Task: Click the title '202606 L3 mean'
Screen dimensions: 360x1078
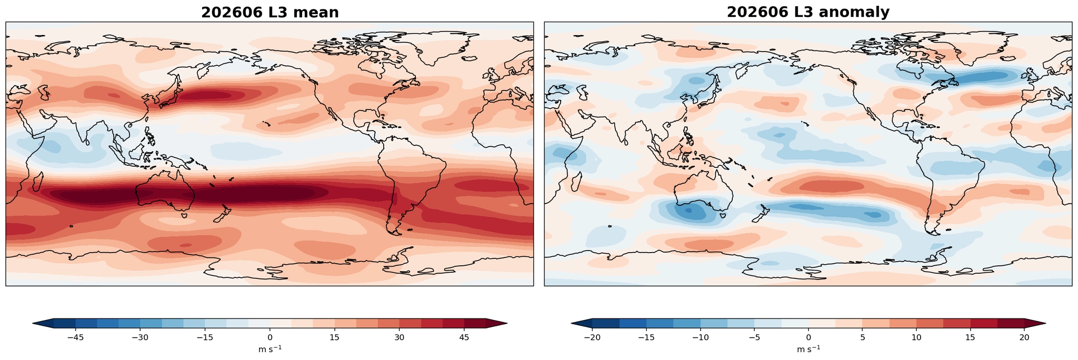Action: coord(269,13)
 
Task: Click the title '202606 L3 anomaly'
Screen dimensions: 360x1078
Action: coord(808,13)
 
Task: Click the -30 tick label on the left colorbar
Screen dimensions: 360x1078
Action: coord(140,337)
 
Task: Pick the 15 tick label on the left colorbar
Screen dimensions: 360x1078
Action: coord(334,337)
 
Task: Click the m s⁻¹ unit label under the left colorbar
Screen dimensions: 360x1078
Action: coord(270,349)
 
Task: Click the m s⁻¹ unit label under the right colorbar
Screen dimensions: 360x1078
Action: coord(808,349)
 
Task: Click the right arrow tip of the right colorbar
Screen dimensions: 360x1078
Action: coord(1045,324)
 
